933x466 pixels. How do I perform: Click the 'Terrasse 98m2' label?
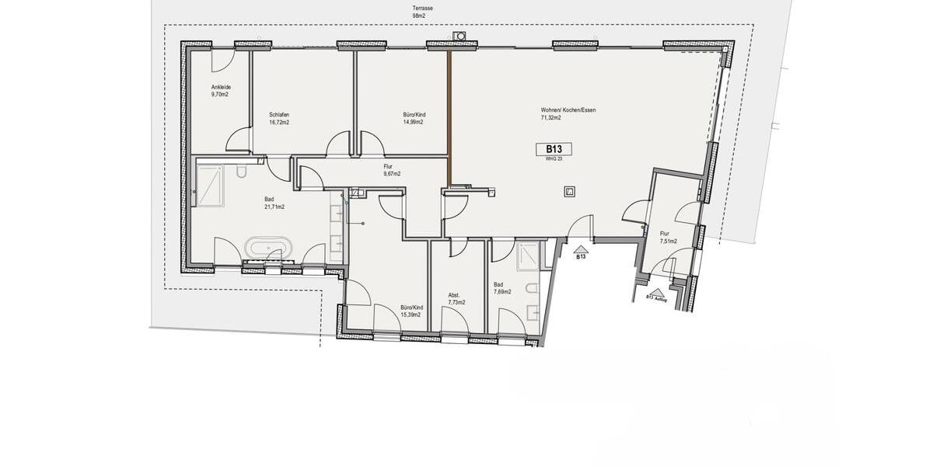423,12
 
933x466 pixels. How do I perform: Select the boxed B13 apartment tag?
554,148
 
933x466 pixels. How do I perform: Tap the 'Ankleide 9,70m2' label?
221,90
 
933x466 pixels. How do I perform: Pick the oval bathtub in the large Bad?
269,249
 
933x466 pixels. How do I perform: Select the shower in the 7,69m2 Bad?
528,255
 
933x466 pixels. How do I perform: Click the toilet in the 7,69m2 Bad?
533,289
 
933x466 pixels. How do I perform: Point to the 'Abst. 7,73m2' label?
456,299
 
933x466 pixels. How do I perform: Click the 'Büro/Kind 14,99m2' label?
414,118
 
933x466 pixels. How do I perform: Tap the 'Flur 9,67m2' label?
391,169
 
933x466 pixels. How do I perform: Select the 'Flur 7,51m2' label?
668,237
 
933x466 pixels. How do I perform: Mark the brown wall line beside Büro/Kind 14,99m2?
449,116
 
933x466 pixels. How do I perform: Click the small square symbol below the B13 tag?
569,191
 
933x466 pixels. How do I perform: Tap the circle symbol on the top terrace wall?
460,35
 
